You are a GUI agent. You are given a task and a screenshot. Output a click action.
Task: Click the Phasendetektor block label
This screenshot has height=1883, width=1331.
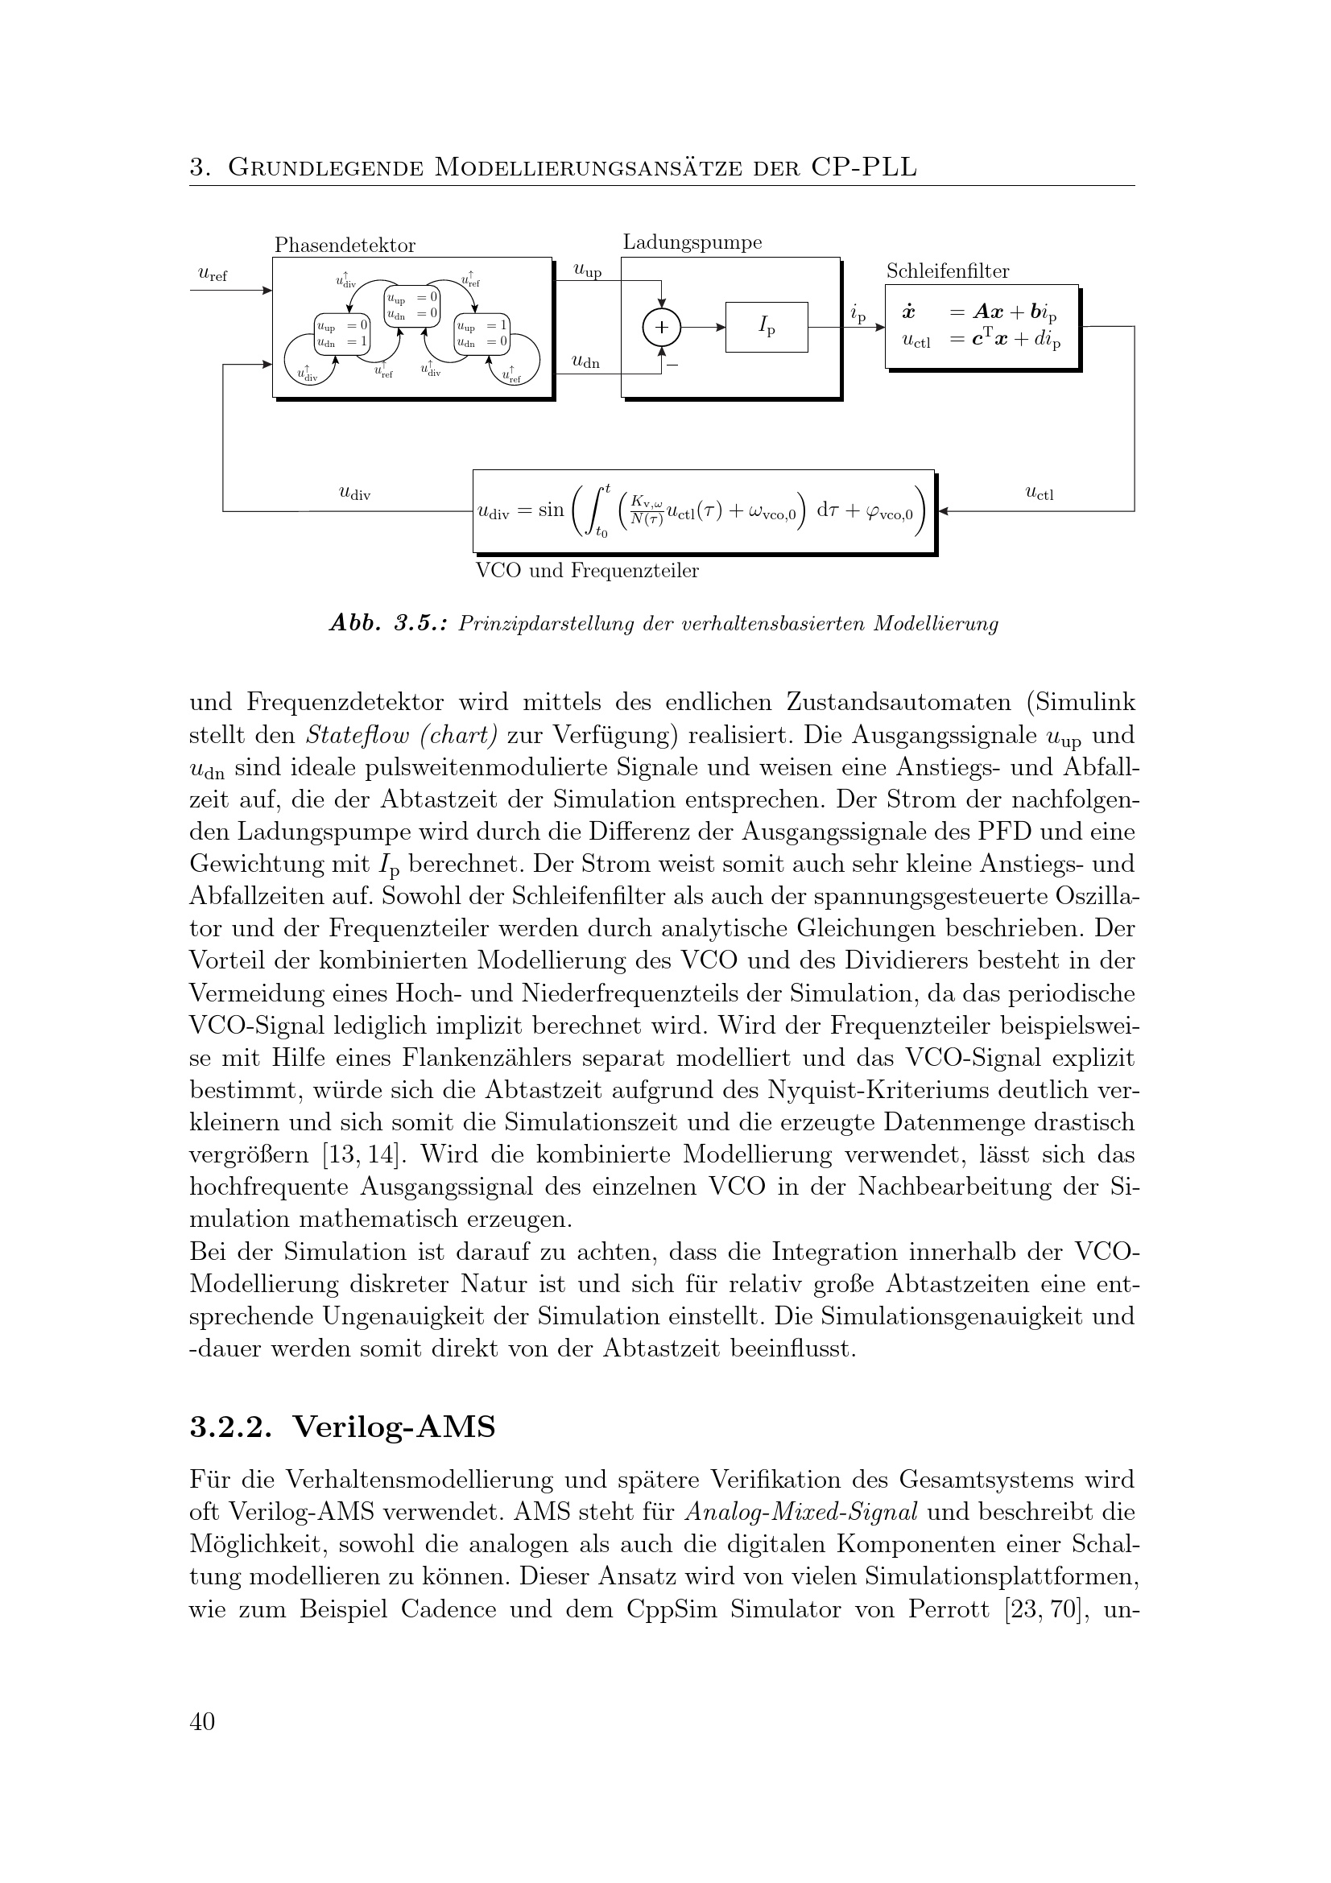pos(345,246)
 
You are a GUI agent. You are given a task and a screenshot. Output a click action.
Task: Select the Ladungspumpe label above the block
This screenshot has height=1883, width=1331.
pos(692,242)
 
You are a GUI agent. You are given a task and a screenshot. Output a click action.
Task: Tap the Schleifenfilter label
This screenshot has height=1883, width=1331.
pos(947,271)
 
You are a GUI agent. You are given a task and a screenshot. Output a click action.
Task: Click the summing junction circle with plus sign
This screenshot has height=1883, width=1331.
pos(661,327)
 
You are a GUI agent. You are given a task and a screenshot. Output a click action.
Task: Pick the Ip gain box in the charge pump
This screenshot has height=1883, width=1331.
pos(766,327)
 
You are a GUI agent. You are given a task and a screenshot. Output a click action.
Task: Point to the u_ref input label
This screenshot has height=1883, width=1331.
pos(213,275)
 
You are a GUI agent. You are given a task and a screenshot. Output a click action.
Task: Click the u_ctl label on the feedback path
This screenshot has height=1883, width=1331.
pos(1039,493)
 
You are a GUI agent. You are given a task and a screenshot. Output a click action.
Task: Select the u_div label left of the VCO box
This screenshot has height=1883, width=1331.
pos(354,493)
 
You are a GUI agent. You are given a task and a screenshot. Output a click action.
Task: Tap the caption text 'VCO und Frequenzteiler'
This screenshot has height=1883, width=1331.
pos(587,571)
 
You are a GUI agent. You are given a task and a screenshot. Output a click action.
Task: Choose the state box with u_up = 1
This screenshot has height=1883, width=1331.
pos(482,334)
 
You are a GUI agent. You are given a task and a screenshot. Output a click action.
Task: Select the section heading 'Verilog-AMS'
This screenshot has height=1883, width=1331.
pos(395,1427)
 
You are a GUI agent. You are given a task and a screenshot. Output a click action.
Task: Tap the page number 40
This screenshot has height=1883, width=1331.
pos(202,1720)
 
